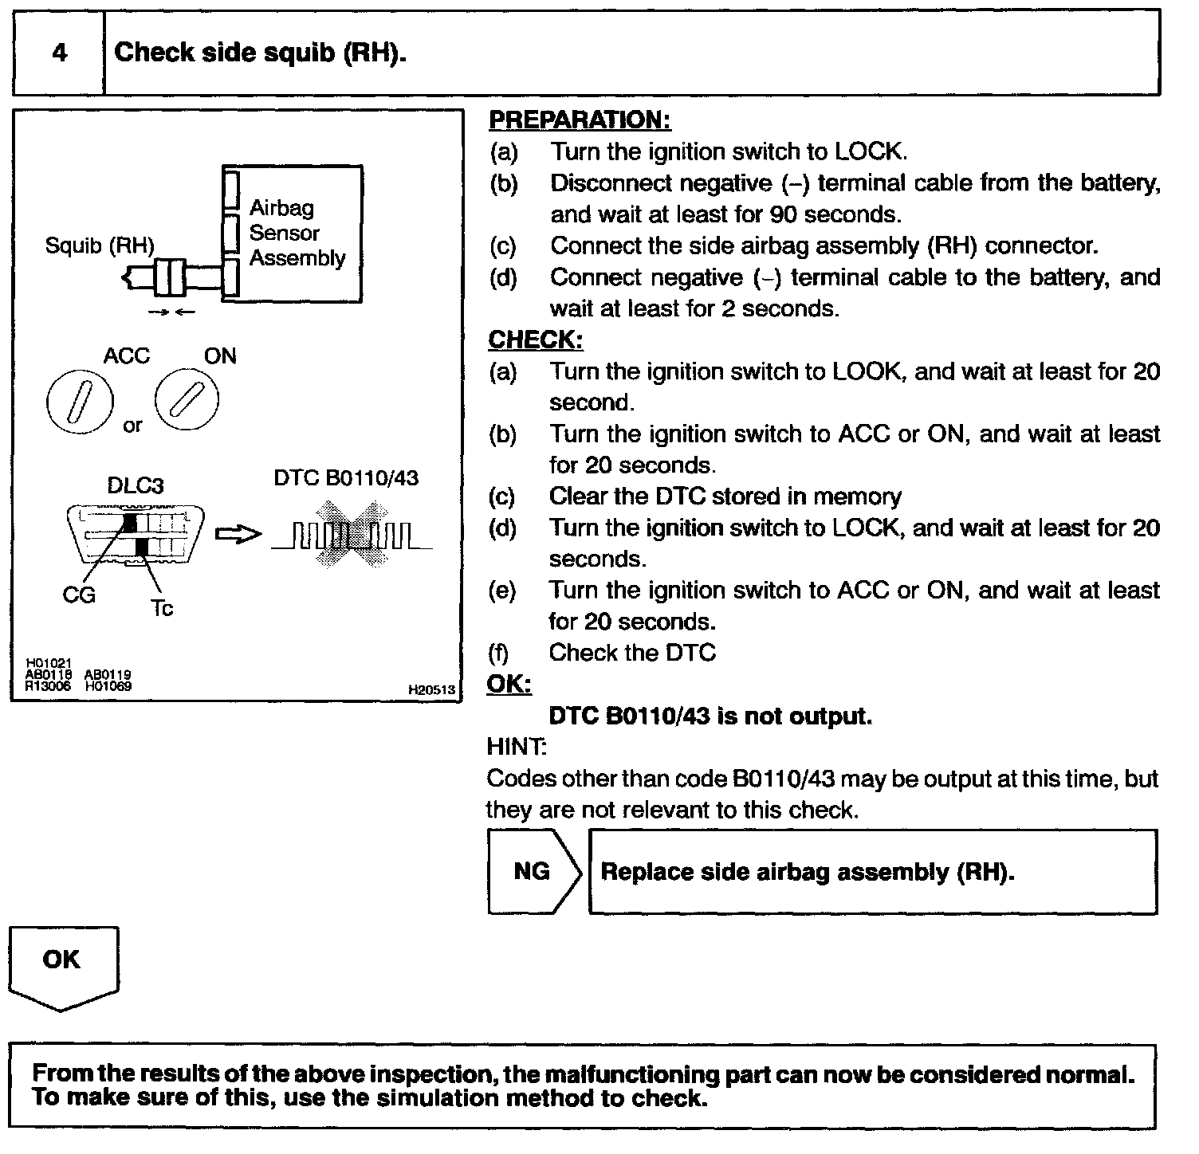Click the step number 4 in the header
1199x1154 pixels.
pos(60,53)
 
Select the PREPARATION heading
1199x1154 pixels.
pos(580,120)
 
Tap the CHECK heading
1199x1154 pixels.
pos(535,340)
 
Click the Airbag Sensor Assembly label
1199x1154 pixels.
pos(297,233)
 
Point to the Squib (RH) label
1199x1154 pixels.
pos(100,245)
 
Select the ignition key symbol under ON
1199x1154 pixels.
pos(187,398)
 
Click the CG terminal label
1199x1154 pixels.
pos(79,595)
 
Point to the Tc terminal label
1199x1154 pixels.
pos(162,609)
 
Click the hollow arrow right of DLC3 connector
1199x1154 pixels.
pos(238,534)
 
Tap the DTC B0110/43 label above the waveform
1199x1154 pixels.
pos(346,478)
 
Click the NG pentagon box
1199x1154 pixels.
pos(533,871)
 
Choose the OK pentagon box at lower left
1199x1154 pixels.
pos(62,964)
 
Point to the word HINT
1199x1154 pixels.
pos(516,748)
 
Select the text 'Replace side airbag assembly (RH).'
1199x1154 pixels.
pos(808,872)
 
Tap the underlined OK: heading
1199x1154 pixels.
pos(509,685)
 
